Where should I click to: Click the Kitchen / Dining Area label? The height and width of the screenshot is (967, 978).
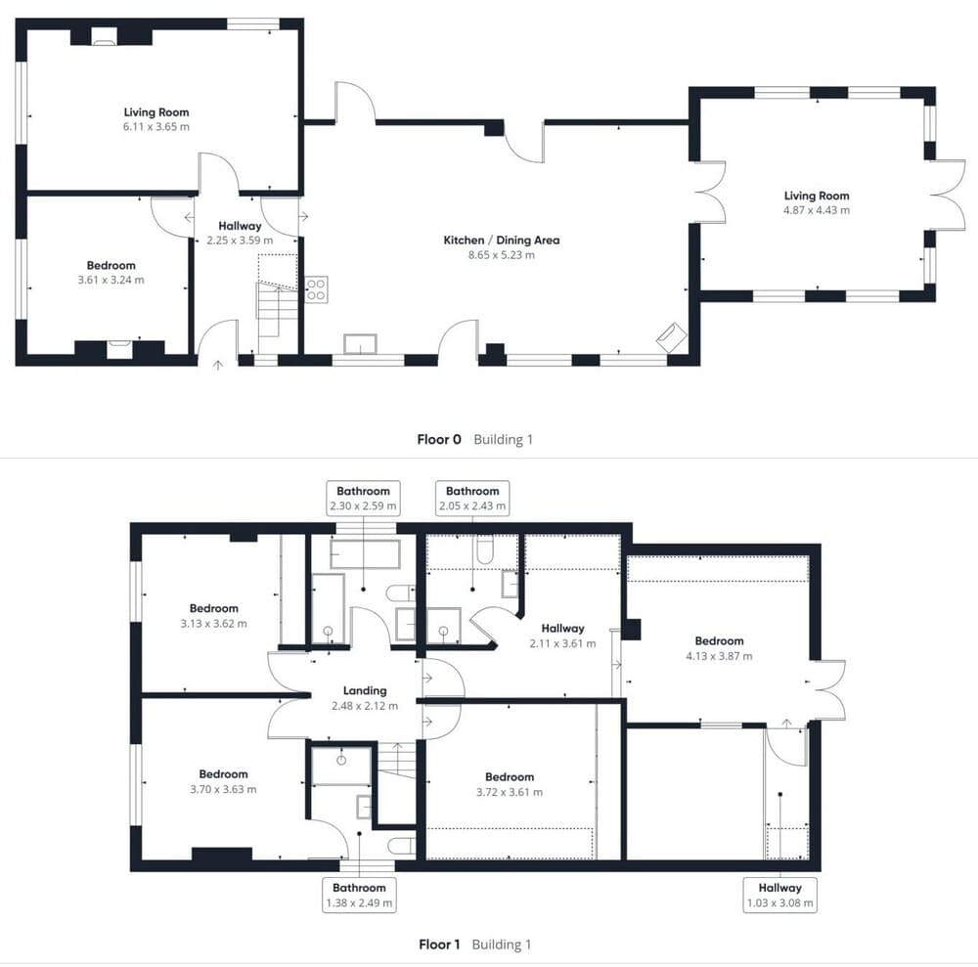pyautogui.click(x=502, y=240)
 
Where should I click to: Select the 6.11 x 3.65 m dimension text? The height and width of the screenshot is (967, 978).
pyautogui.click(x=156, y=126)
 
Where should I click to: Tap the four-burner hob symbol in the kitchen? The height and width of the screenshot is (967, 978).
pyautogui.click(x=316, y=289)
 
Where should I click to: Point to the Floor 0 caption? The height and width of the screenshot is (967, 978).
pyautogui.click(x=439, y=440)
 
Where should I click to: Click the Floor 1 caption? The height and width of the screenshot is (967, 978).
pyautogui.click(x=439, y=945)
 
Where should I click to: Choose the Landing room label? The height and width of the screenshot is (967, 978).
pyautogui.click(x=365, y=691)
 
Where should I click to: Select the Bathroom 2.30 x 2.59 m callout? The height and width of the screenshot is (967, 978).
pyautogui.click(x=363, y=498)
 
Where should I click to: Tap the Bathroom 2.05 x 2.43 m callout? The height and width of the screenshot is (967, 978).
pyautogui.click(x=472, y=498)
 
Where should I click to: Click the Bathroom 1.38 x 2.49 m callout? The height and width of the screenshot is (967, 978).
pyautogui.click(x=359, y=896)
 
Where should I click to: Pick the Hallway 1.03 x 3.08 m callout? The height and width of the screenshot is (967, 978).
pyautogui.click(x=779, y=896)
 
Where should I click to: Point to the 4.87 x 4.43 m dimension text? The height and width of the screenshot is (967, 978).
pyautogui.click(x=817, y=210)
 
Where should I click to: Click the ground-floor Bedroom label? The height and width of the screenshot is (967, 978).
pyautogui.click(x=111, y=266)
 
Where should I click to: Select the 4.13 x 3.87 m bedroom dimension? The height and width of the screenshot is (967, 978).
pyautogui.click(x=719, y=656)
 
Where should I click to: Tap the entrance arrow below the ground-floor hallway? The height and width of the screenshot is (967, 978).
pyautogui.click(x=218, y=366)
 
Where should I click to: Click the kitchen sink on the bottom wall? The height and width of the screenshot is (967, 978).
pyautogui.click(x=361, y=344)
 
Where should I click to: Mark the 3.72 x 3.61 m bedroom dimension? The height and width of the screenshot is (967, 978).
pyautogui.click(x=510, y=792)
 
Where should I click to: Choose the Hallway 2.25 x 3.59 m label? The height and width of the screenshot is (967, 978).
pyautogui.click(x=241, y=233)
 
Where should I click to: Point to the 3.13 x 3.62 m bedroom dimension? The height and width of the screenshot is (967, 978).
pyautogui.click(x=214, y=624)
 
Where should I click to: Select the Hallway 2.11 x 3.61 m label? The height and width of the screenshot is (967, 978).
pyautogui.click(x=562, y=636)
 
